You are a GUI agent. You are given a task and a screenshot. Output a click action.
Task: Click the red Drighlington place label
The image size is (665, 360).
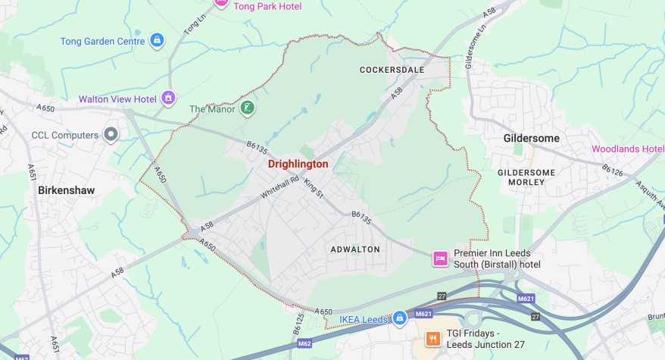coord(298,164)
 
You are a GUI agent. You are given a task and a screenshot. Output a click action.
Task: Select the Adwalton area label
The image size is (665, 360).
coord(355,249)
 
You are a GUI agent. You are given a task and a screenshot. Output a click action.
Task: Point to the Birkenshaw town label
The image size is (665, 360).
coord(67,190)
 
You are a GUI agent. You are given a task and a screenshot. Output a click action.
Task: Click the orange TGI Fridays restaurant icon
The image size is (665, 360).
coord(433,338)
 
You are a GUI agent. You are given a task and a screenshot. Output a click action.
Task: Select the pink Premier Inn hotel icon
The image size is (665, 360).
coord(439,258)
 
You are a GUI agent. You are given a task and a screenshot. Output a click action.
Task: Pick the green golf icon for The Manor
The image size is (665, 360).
coord(246,109)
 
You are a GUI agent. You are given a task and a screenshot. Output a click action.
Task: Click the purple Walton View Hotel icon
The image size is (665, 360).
coord(168,99)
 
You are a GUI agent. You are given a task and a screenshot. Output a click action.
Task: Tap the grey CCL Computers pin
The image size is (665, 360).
coord(111,135)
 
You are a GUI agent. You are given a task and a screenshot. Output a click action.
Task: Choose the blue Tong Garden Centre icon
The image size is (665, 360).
coord(157,40)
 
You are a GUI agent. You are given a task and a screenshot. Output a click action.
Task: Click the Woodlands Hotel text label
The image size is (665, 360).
coord(627,149)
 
